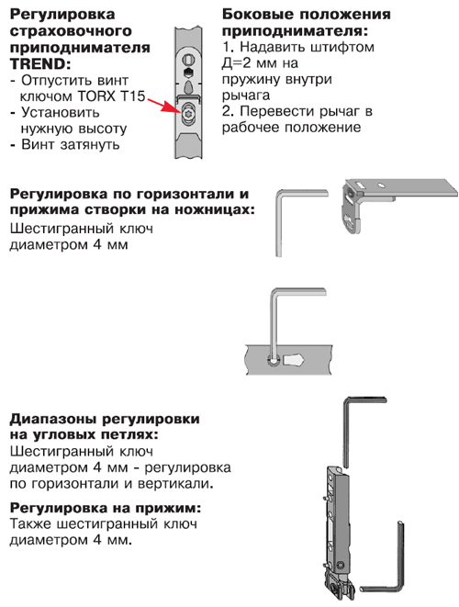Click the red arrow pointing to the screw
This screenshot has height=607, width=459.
tap(163, 105)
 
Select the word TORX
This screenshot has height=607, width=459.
tap(96, 96)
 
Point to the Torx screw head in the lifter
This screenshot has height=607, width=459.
tap(189, 113)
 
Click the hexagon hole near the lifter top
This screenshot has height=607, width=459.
tap(187, 73)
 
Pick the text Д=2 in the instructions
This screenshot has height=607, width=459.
tap(238, 62)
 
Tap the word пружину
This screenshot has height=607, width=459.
tap(251, 80)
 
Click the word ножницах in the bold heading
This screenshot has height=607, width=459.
tap(215, 209)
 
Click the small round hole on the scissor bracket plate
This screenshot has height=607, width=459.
tap(381, 185)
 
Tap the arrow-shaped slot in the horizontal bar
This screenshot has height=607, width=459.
tap(294, 360)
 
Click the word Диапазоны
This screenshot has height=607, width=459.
tap(54, 420)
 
